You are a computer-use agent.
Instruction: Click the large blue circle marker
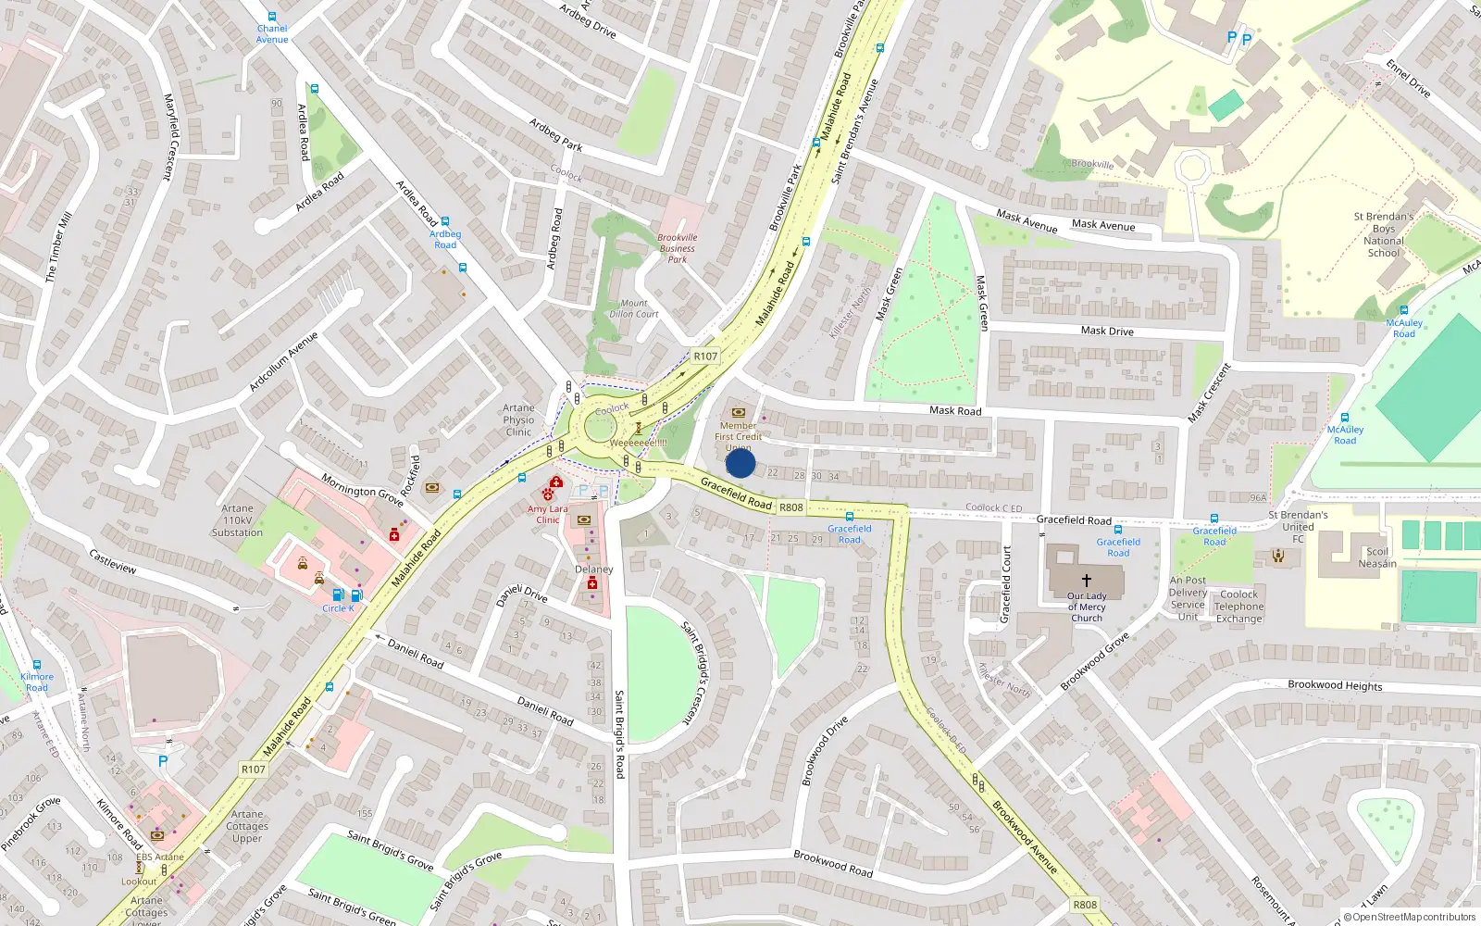point(740,463)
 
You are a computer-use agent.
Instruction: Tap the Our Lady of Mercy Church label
point(1087,607)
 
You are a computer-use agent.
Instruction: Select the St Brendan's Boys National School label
point(1384,234)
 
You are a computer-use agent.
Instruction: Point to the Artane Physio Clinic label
point(518,419)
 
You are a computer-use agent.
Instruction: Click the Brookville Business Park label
point(678,248)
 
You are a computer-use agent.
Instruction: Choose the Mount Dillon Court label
point(634,308)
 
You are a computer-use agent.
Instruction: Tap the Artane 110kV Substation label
point(237,520)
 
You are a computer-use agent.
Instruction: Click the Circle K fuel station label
point(338,608)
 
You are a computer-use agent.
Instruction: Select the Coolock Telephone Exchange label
point(1238,607)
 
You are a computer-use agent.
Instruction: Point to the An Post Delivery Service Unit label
point(1188,598)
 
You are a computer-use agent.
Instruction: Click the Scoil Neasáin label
point(1377,557)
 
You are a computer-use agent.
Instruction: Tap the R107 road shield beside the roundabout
point(705,356)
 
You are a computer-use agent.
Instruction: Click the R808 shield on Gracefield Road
point(791,507)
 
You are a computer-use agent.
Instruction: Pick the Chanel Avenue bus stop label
point(272,34)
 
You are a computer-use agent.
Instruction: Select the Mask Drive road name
point(1107,331)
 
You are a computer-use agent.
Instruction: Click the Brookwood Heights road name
point(1335,685)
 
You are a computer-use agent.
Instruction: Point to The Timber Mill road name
point(58,247)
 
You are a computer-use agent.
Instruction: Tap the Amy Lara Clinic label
point(548,514)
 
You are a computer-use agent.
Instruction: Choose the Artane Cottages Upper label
point(247,826)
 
